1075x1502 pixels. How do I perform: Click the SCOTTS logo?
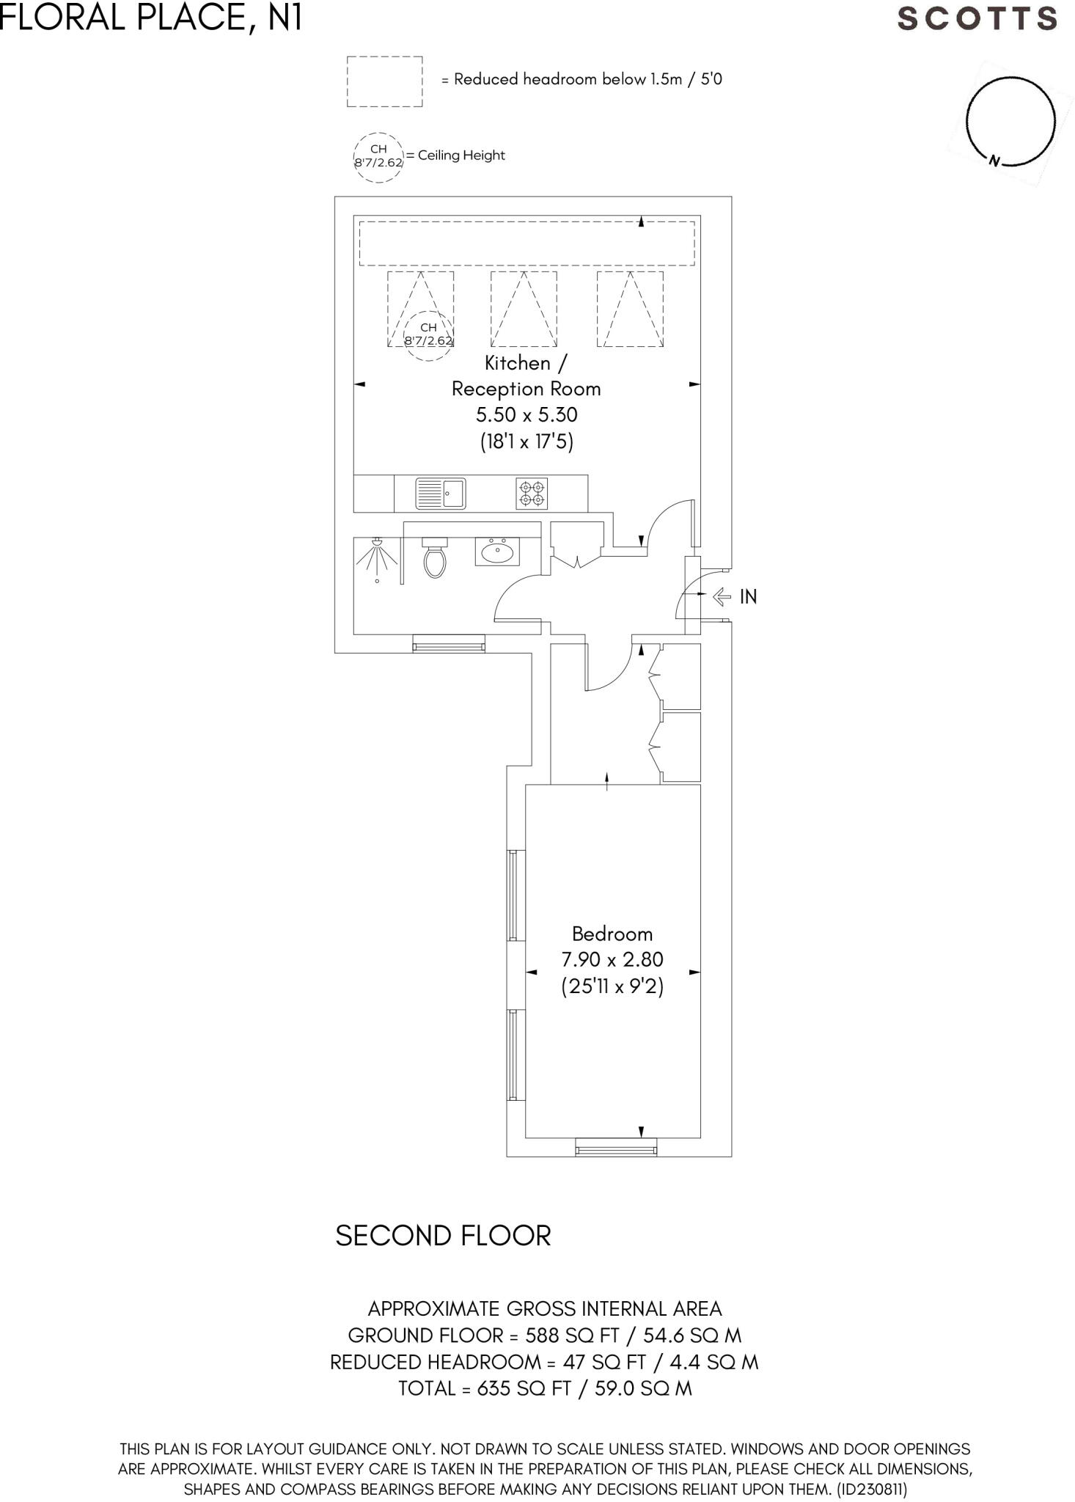tap(977, 18)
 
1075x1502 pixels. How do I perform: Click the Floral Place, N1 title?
tap(151, 18)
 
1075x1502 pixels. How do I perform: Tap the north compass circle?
tap(1010, 121)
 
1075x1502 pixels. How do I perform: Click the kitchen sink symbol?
tap(441, 494)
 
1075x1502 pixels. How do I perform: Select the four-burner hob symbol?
tap(532, 494)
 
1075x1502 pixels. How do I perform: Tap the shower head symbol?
tap(377, 543)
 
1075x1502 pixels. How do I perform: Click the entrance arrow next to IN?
tap(722, 596)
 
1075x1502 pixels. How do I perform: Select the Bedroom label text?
tap(612, 934)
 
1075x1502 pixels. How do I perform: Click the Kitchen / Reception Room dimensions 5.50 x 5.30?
tap(527, 415)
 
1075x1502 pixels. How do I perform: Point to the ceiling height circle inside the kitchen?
tap(428, 334)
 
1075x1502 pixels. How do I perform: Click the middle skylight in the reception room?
tap(523, 309)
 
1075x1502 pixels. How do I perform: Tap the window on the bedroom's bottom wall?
tap(615, 1147)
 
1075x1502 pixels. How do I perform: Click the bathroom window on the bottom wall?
tap(448, 643)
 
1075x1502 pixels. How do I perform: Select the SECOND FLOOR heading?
tap(443, 1236)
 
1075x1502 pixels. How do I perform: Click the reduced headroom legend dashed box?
tap(384, 81)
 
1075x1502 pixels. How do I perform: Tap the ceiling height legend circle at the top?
tap(378, 156)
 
